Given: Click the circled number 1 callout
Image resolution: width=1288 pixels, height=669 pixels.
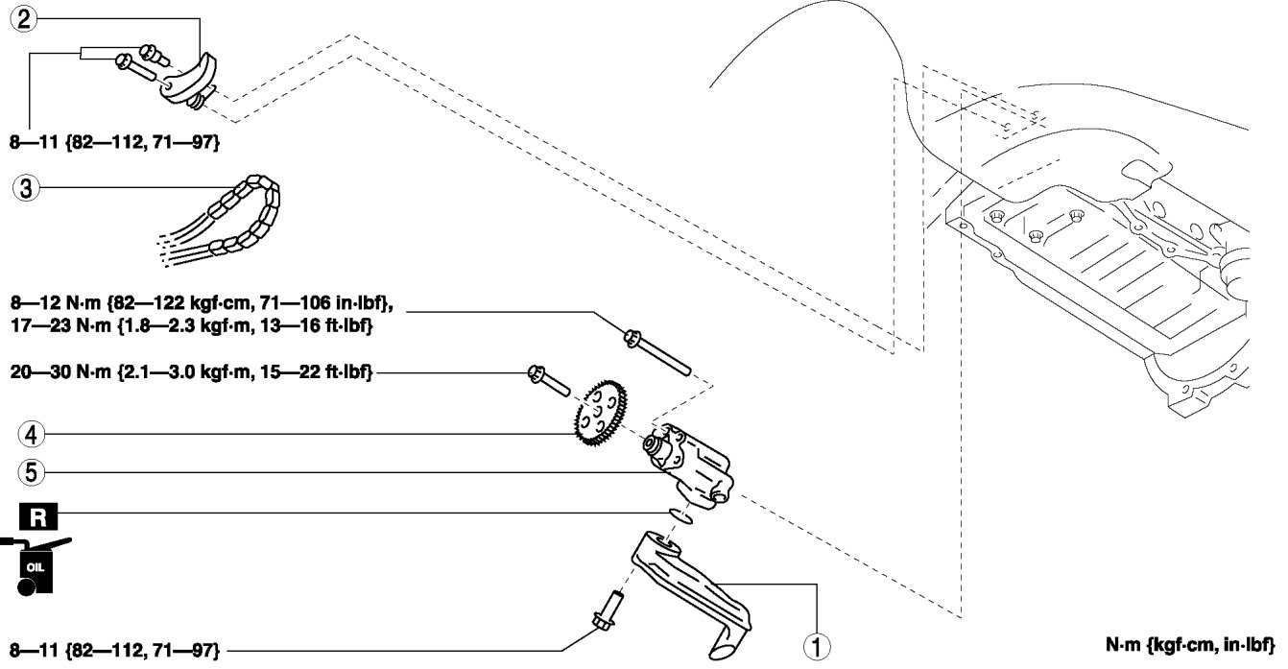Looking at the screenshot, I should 817,648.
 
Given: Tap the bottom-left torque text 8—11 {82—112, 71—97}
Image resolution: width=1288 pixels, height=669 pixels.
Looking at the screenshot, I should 114,650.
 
